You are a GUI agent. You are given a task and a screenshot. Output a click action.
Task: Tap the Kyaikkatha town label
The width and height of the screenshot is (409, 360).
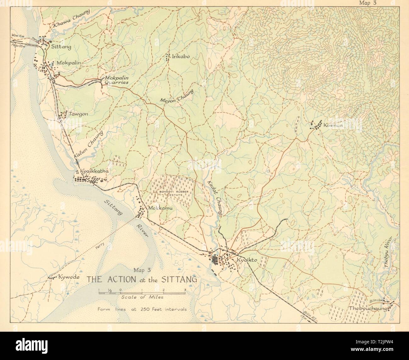(94, 171)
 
